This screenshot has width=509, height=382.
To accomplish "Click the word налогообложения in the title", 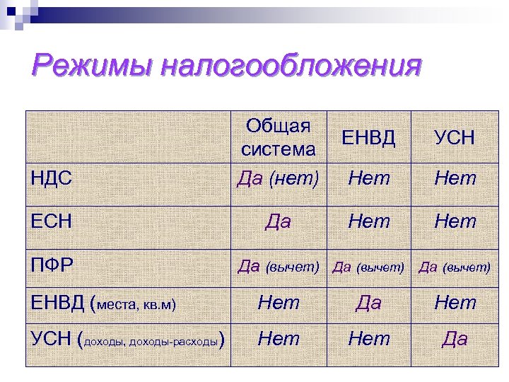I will click(x=291, y=69).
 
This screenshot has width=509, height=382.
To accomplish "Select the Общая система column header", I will click(x=279, y=138).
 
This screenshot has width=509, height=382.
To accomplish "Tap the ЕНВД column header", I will click(x=369, y=137).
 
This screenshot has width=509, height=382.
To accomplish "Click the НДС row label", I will click(x=53, y=178).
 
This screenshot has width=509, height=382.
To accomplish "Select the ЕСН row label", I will click(x=53, y=221).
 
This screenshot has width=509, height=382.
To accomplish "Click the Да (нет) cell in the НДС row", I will click(x=279, y=178).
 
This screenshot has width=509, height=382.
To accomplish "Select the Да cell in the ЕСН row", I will click(x=279, y=221).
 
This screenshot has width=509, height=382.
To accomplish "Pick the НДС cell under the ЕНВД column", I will click(x=369, y=178).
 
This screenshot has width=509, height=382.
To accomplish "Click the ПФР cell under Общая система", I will click(x=279, y=266).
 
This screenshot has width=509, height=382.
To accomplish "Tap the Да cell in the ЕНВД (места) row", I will click(x=369, y=303).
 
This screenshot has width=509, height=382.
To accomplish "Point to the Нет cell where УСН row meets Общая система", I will click(x=279, y=340).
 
